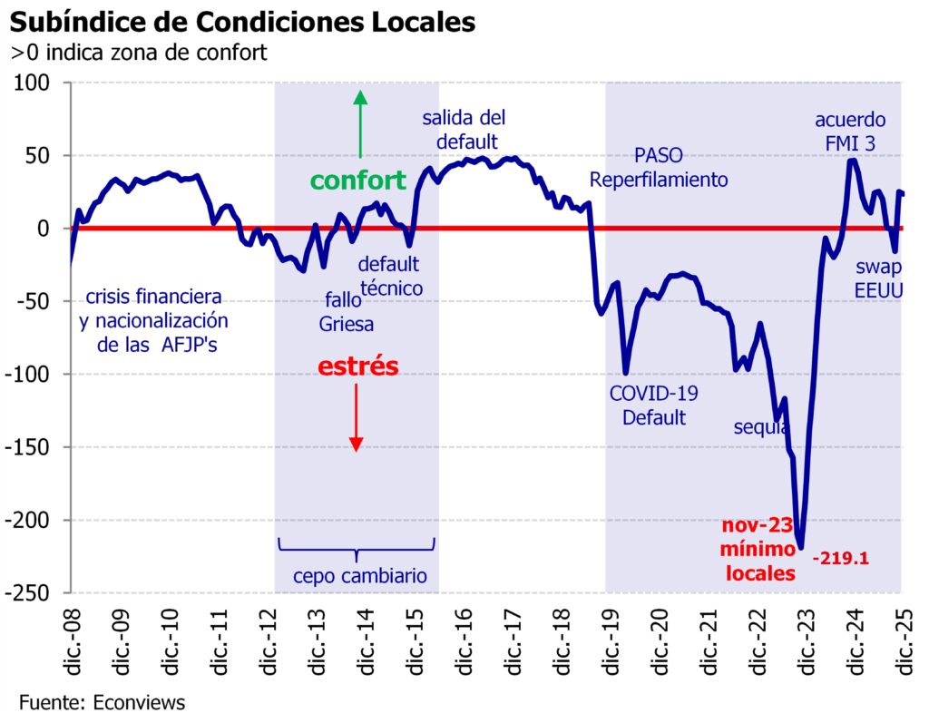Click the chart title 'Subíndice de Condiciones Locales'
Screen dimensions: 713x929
pos(242,22)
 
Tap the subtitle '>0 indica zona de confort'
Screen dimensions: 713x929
pos(139,52)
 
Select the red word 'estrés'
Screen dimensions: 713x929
pos(357,366)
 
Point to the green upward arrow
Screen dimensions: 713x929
pos(360,122)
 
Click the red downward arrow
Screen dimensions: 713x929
pos(357,417)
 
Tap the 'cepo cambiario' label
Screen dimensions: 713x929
pos(359,576)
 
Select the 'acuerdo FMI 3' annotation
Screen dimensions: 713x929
pos(850,131)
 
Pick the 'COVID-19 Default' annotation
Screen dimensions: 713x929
pos(647,405)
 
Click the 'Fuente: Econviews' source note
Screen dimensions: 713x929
pos(102,701)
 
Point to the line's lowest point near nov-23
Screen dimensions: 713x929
pos(800,548)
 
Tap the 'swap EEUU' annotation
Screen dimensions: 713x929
pos(878,278)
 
